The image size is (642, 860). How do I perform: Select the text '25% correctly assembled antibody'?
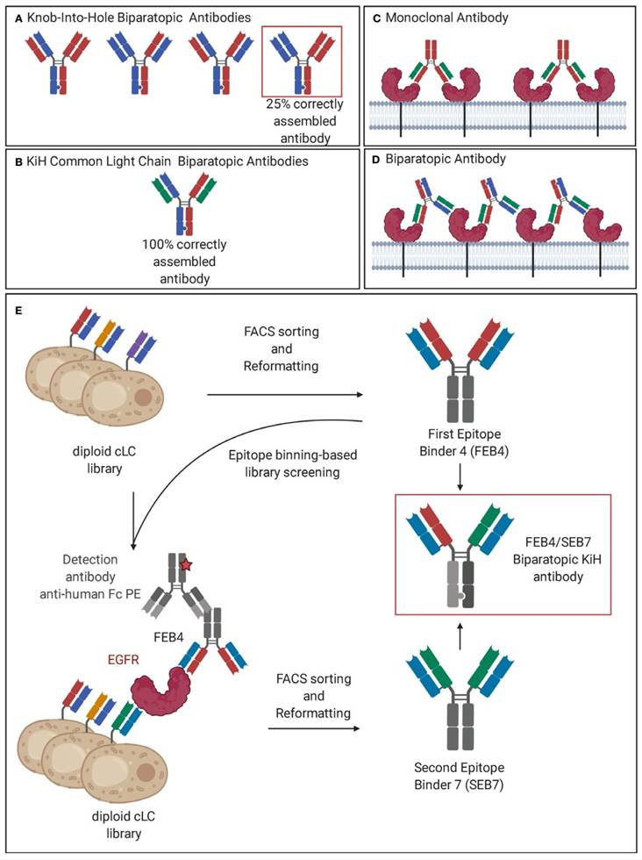pos(303,114)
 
